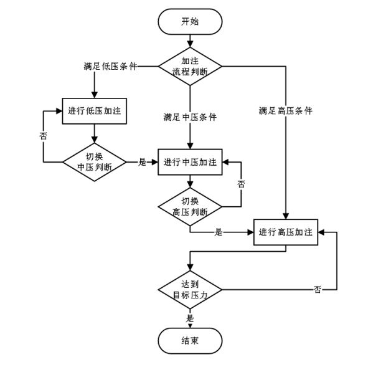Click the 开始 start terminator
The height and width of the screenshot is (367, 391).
click(190, 22)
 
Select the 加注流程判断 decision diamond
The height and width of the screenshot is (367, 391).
click(190, 66)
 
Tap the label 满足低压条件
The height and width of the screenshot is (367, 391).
click(111, 66)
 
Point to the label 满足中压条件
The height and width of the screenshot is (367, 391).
click(190, 117)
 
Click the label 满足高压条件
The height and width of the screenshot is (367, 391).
click(286, 112)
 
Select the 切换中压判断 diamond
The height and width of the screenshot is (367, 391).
click(93, 162)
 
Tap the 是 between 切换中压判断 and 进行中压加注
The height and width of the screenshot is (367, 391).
click(141, 162)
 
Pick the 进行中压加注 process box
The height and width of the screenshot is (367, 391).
click(190, 162)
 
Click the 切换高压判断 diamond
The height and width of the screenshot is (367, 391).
click(190, 206)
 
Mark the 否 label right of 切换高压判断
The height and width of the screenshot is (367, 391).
click(241, 185)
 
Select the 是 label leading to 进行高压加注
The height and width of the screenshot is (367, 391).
click(219, 232)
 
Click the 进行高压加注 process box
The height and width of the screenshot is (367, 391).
click(286, 232)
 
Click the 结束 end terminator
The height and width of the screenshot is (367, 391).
click(190, 341)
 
